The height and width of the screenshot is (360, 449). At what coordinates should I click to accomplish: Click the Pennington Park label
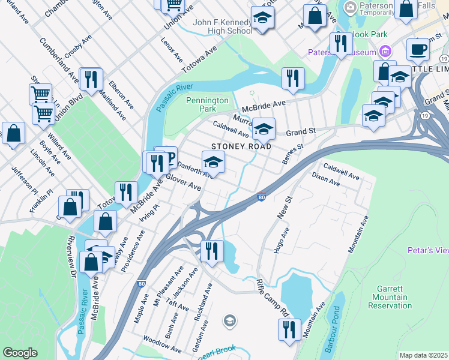click(x=207, y=105)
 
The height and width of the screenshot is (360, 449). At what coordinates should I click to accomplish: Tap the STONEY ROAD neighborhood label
click(x=241, y=146)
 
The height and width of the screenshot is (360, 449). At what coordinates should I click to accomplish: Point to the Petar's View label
click(x=427, y=250)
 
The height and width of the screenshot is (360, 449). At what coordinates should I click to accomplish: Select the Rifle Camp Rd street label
click(x=273, y=296)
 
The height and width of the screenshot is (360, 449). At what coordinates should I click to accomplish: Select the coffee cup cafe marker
click(x=418, y=50)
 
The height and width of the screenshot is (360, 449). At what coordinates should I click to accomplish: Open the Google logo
click(x=20, y=353)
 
